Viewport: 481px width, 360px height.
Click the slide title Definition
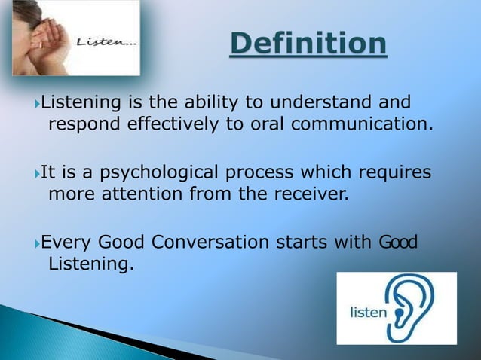(x=309, y=44)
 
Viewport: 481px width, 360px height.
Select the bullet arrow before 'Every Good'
(x=38, y=243)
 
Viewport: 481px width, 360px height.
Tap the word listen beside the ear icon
(x=367, y=311)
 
